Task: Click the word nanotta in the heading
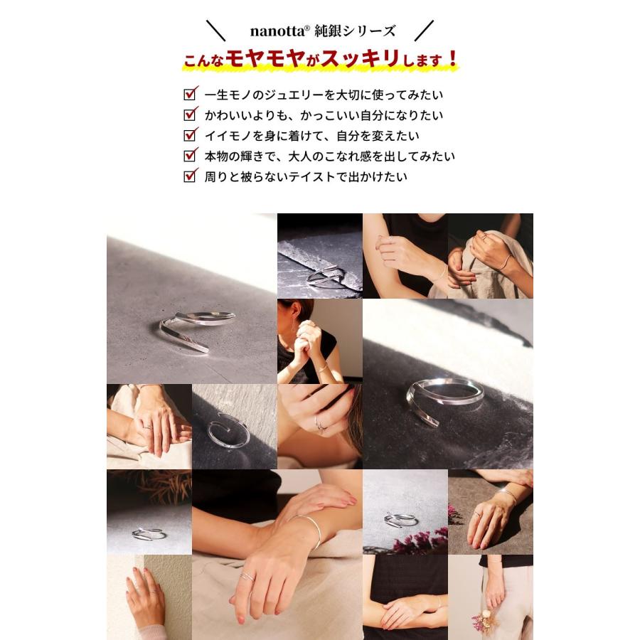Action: pos(277,31)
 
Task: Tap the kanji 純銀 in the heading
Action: pos(328,31)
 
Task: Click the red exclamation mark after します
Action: pos(452,59)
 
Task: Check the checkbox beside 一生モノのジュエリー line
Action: pos(190,94)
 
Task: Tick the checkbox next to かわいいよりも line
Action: pos(190,114)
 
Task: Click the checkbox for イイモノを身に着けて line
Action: pos(190,134)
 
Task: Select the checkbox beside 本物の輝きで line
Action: pos(190,155)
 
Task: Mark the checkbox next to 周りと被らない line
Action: pos(190,176)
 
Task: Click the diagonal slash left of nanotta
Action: pos(216,31)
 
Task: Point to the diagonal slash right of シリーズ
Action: pos(424,31)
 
